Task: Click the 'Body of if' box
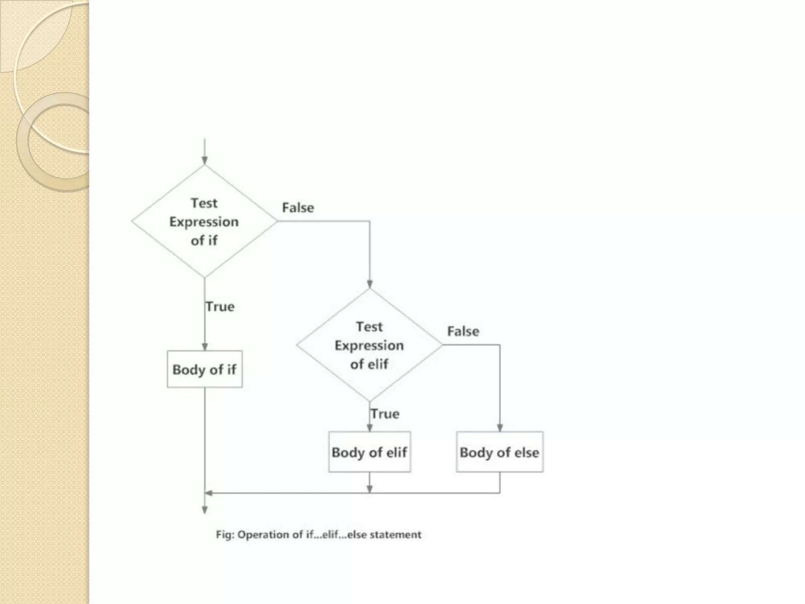click(x=204, y=369)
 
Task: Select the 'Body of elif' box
click(x=369, y=452)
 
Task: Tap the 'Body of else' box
click(x=500, y=452)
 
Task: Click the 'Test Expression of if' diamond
click(x=204, y=221)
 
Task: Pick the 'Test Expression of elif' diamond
click(x=369, y=345)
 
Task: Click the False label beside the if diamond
click(x=298, y=208)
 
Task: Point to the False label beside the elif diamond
click(x=463, y=331)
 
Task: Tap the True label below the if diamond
click(x=220, y=306)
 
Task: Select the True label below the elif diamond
click(x=385, y=414)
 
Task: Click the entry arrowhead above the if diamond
click(x=204, y=160)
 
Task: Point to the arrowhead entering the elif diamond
click(x=369, y=284)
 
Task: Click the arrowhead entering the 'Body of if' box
click(x=204, y=346)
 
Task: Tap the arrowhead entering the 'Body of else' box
click(x=500, y=427)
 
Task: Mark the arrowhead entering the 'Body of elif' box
click(x=369, y=427)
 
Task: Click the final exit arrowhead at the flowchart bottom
click(x=204, y=510)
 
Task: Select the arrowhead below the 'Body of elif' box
click(x=369, y=488)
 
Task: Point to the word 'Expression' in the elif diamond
click(x=369, y=345)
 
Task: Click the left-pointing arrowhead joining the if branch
click(x=209, y=493)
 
